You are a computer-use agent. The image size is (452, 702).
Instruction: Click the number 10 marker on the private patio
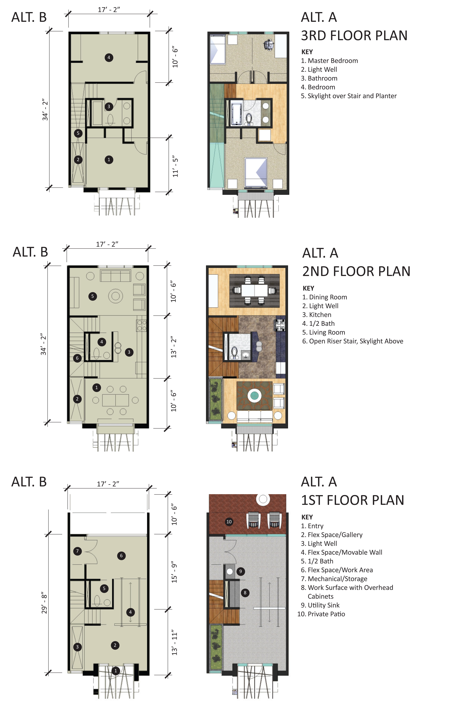[229, 522]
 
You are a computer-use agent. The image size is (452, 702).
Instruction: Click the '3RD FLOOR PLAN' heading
[354, 36]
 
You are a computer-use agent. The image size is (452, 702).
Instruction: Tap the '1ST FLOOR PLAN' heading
[353, 500]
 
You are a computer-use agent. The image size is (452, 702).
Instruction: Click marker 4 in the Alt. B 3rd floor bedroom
[109, 58]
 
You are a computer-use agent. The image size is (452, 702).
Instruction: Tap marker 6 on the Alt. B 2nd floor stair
[77, 358]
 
